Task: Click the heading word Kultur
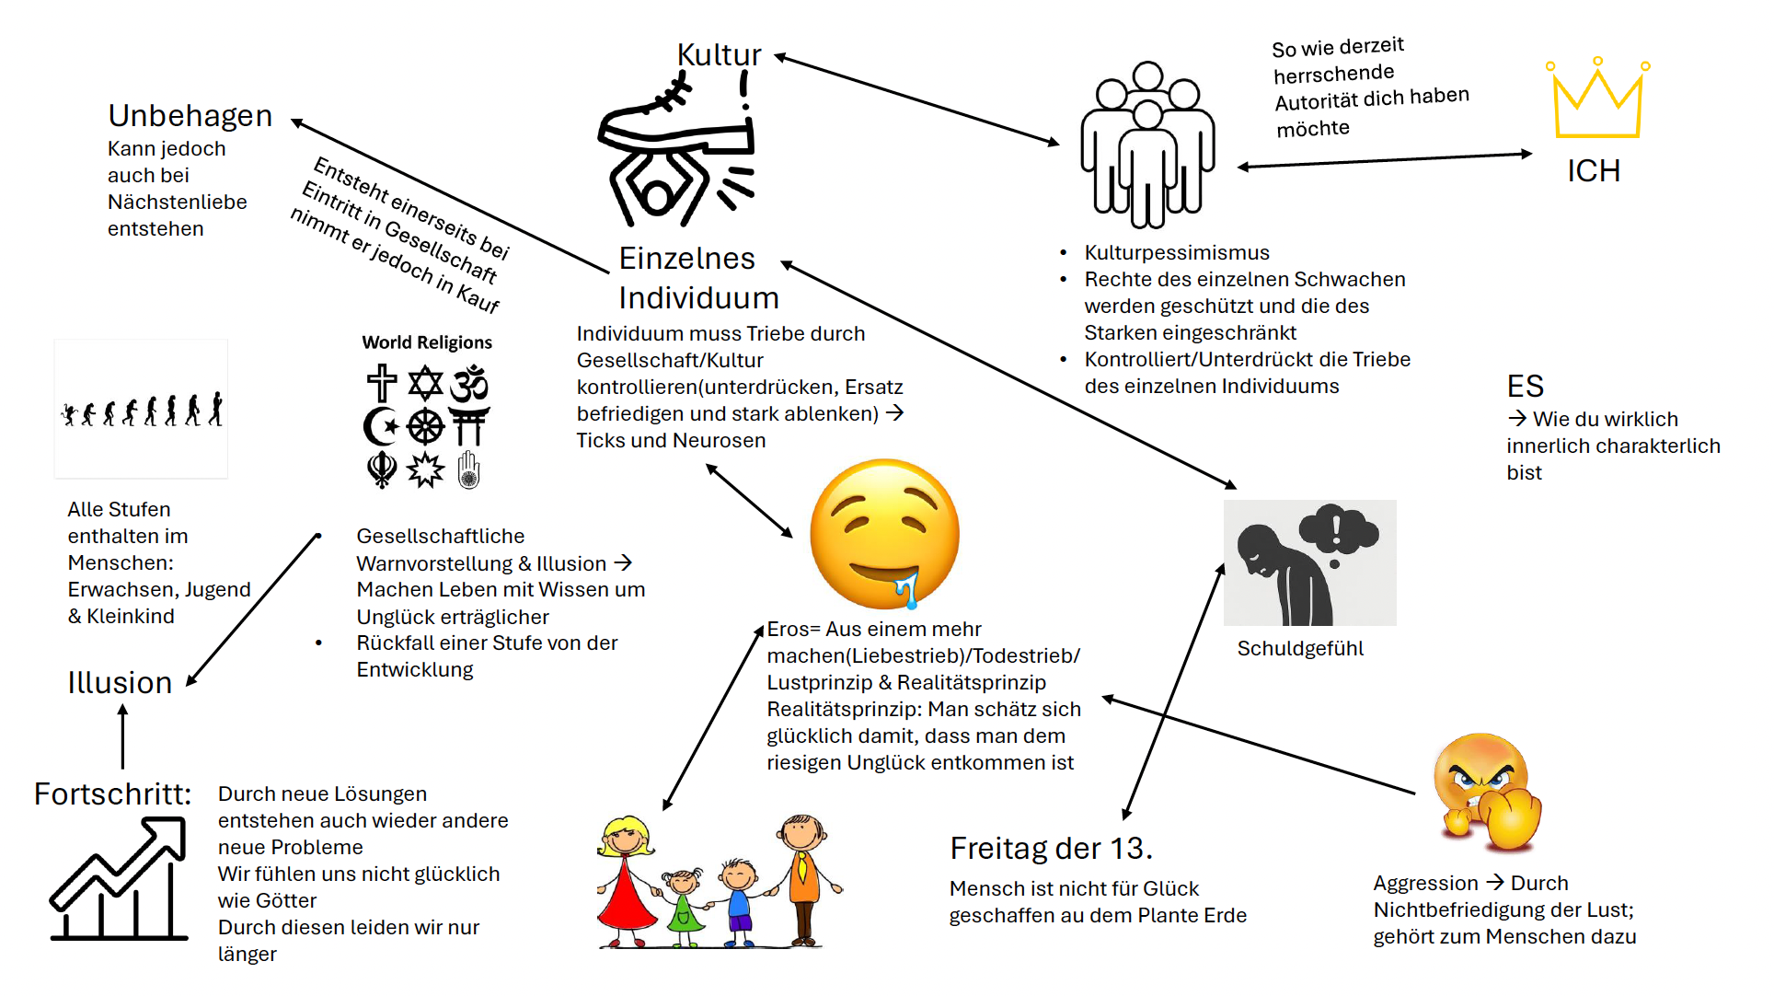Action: (719, 55)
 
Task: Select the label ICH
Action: (1594, 171)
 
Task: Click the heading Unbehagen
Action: (190, 116)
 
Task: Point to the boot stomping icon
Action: (676, 147)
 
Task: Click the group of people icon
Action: (1147, 145)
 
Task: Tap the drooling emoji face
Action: (884, 534)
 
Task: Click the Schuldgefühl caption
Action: (1300, 649)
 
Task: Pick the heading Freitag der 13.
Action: (1051, 849)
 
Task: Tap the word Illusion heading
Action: (120, 683)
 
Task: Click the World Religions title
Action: (427, 342)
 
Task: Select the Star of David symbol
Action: (425, 384)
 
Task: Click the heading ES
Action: (1525, 387)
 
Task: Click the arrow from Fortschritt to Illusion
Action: (122, 736)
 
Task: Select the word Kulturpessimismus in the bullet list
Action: (1177, 253)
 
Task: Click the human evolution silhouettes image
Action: (141, 410)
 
